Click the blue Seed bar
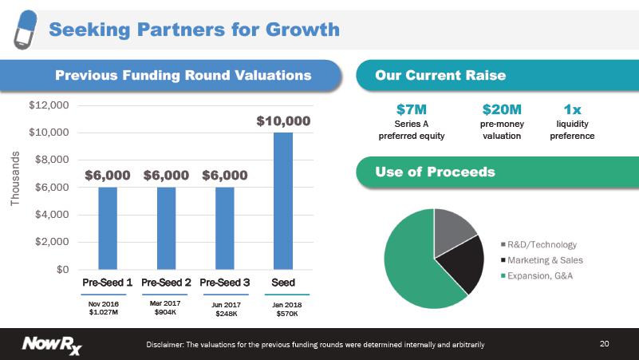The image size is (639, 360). [283, 201]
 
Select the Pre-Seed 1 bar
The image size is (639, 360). [108, 228]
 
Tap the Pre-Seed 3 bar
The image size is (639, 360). [224, 228]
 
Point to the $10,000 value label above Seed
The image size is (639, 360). [283, 121]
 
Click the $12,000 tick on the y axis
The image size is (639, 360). [49, 105]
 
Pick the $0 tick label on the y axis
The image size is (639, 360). [63, 270]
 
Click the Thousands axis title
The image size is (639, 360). [14, 179]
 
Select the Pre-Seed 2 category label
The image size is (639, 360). [166, 282]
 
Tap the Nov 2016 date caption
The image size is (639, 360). [104, 304]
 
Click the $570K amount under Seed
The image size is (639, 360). [287, 314]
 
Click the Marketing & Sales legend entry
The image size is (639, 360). [542, 260]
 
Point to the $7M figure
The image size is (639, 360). [411, 109]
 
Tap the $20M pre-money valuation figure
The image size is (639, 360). [502, 109]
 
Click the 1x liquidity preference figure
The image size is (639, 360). [572, 109]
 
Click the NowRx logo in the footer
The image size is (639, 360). [52, 345]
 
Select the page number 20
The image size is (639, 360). [605, 344]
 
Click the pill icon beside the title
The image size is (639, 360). [26, 30]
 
